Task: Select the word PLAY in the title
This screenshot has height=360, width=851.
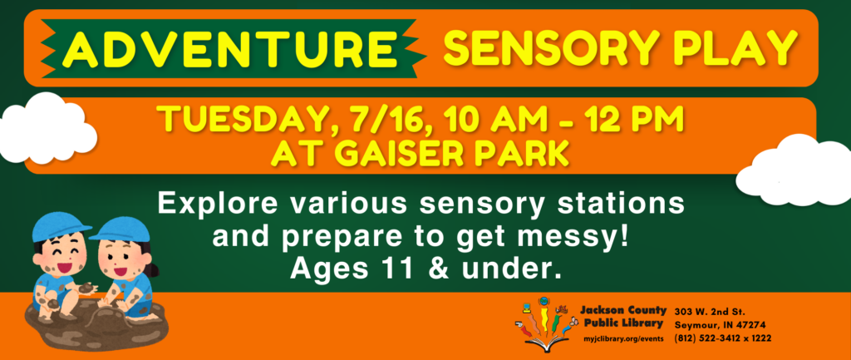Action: [736, 47]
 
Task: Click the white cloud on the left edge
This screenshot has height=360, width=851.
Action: [47, 128]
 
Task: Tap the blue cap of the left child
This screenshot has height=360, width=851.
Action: [60, 225]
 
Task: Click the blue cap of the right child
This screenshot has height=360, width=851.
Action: [122, 229]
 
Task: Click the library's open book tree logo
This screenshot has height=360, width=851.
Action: [544, 323]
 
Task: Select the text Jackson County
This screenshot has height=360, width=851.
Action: [623, 311]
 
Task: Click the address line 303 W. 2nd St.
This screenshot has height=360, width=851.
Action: [711, 313]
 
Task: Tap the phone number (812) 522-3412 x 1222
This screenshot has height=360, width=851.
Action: [723, 338]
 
